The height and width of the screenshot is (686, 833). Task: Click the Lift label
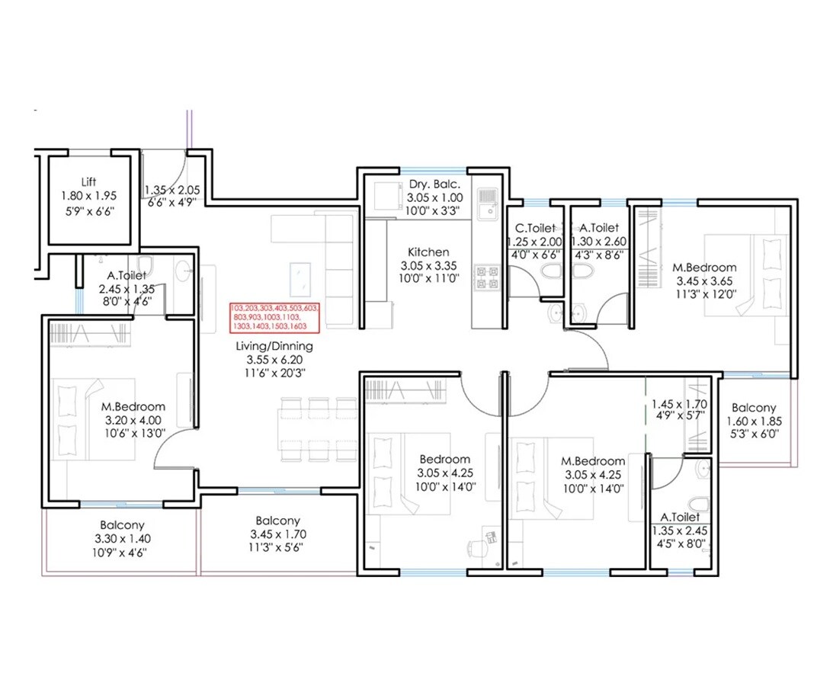(88, 182)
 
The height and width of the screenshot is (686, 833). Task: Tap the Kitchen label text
(428, 252)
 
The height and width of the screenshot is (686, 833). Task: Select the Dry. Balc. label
(428, 184)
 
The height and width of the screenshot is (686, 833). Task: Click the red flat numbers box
(275, 317)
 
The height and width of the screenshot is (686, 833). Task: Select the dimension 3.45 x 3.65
(703, 280)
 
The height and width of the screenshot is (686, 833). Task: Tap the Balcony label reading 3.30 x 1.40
(122, 538)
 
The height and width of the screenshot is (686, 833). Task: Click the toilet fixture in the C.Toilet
(549, 272)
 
